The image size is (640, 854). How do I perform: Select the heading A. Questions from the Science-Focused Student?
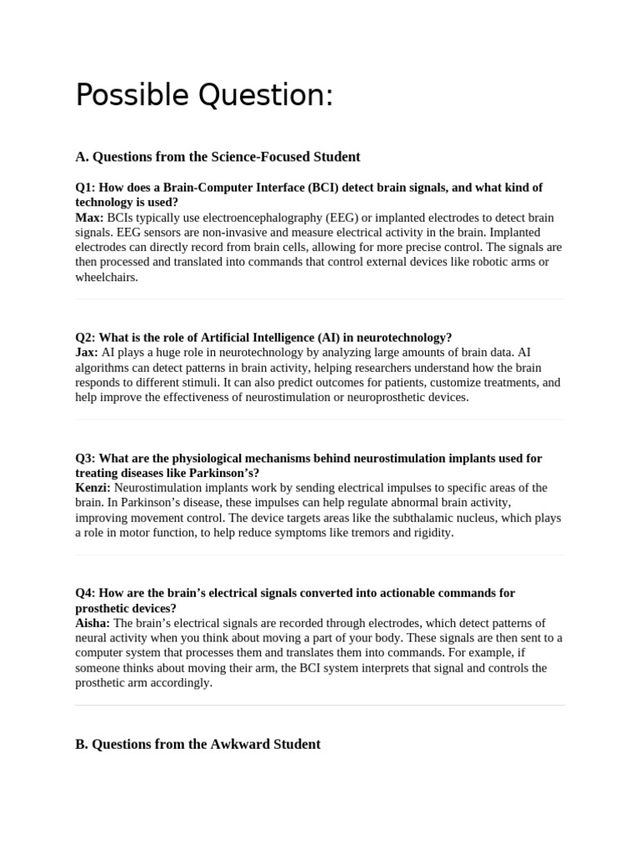click(x=217, y=157)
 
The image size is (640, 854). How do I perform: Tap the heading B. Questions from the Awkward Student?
click(x=197, y=744)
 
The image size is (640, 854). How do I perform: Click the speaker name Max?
click(x=89, y=218)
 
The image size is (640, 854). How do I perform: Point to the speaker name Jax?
click(x=87, y=353)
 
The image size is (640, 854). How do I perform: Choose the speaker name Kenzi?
click(x=92, y=488)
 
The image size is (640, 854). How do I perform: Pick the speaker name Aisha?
click(x=92, y=623)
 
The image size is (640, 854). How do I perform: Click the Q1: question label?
click(x=86, y=188)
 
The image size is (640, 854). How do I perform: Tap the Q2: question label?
click(x=86, y=338)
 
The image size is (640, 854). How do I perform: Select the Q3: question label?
click(x=86, y=458)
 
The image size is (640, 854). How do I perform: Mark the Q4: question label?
click(x=86, y=593)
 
